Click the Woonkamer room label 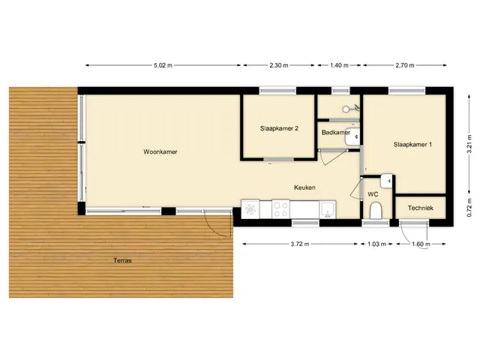160,151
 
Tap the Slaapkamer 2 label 279,128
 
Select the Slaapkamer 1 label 412,145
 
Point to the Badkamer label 336,133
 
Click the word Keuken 304,187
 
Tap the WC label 373,194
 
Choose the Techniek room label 421,208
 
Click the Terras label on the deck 122,260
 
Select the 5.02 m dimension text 163,65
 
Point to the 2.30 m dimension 279,65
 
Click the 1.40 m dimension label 339,65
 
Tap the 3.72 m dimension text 300,244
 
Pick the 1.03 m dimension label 376,244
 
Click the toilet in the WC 375,211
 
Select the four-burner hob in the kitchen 280,209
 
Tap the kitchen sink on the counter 328,209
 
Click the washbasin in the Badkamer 352,136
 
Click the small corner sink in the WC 386,181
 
